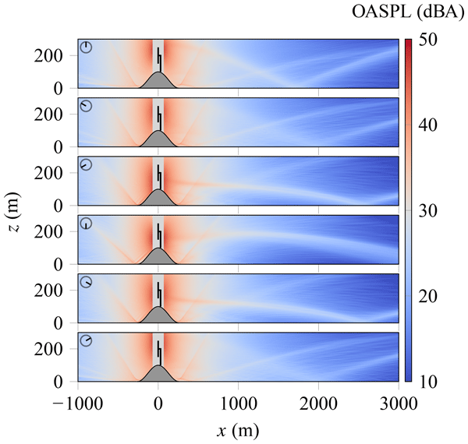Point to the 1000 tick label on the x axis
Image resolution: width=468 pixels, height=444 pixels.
[239, 403]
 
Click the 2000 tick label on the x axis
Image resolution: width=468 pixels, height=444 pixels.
[319, 403]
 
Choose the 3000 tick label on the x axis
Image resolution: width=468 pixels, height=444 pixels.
[399, 403]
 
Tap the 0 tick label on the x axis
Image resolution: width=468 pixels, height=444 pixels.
[158, 403]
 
